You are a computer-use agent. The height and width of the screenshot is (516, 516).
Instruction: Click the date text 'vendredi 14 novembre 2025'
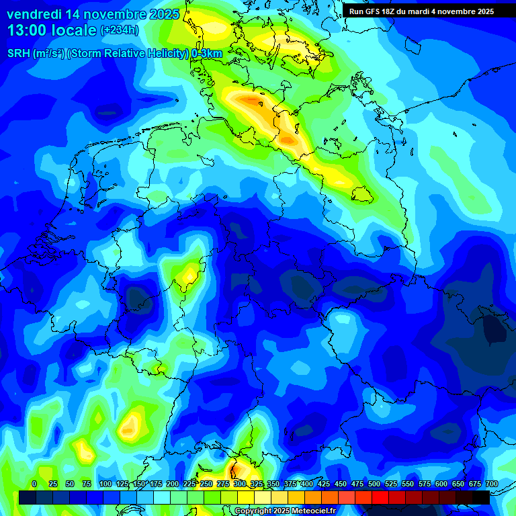point(93,14)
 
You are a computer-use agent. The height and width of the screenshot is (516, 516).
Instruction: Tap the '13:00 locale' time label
point(52,30)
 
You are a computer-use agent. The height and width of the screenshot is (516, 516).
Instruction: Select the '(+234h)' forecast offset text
point(120,30)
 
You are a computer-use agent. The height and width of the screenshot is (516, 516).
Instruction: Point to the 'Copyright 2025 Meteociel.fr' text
point(294,511)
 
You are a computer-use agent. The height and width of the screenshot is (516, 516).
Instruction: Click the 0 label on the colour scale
point(34,484)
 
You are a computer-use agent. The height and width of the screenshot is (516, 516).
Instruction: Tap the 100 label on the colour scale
point(105,484)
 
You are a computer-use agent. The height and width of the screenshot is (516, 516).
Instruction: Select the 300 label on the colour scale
point(240,484)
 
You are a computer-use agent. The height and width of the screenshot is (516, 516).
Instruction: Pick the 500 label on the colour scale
point(374,484)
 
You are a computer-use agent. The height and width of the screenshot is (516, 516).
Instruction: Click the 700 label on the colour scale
point(491,484)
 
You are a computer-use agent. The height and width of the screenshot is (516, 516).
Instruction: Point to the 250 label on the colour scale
point(206,484)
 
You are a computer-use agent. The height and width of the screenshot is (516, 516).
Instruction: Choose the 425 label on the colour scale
point(324,484)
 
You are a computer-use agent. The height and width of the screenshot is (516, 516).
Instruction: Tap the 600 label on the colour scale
point(441,484)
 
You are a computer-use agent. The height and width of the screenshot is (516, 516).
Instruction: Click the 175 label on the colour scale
point(156,484)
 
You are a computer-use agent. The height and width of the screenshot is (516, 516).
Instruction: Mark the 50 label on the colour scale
point(70,484)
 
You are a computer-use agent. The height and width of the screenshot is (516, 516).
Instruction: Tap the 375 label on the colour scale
point(290,484)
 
